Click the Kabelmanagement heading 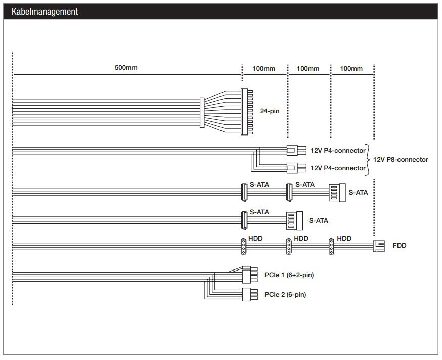coord(45,12)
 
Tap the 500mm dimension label coord(126,68)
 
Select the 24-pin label coord(270,111)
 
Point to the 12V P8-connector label coord(401,160)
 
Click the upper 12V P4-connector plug coord(296,150)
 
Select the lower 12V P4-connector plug coord(296,168)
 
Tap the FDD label coord(400,246)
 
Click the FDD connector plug coord(379,246)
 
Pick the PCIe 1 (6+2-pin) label coord(289,275)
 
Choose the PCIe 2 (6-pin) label coord(285,295)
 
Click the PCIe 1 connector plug coord(250,275)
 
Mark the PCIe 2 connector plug coord(250,294)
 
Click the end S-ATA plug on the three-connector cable coord(337,193)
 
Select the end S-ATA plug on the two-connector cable coord(294,220)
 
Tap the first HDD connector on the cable coord(244,247)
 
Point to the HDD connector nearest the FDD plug coord(332,247)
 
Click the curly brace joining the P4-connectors coord(368,160)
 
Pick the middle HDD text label coord(301,239)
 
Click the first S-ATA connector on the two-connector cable coord(244,220)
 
